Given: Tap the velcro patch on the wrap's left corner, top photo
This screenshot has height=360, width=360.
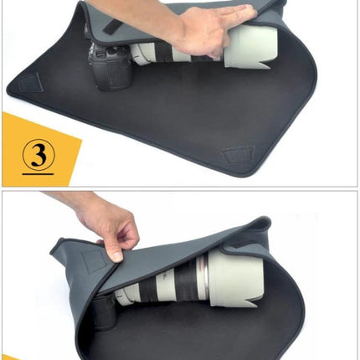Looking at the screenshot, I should click(33, 83).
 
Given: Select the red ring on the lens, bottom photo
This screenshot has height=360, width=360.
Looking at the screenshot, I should click(203, 273).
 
